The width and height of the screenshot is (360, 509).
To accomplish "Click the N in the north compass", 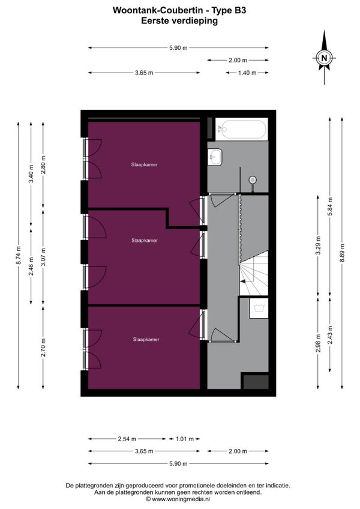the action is [x=323, y=58].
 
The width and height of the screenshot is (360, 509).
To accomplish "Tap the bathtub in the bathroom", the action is [x=242, y=129].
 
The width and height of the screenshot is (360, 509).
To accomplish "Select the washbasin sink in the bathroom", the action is [x=215, y=157].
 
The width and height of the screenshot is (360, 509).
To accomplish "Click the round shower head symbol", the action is [x=253, y=179].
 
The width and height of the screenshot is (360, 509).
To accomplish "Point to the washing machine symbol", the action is [x=259, y=307].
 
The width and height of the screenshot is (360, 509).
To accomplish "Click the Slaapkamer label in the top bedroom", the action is [x=145, y=164].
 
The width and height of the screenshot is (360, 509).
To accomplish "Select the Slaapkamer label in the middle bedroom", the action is [x=145, y=241].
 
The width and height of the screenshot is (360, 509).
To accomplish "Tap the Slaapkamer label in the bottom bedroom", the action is [x=146, y=340].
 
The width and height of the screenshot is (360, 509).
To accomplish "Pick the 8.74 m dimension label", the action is [x=18, y=256].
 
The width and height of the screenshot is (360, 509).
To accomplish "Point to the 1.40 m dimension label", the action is [x=247, y=73].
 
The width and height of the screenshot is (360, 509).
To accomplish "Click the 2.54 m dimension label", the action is [x=127, y=439].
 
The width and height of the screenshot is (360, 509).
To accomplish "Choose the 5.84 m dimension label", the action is [x=330, y=206].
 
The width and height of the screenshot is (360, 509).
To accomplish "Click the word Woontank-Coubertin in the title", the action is [x=158, y=10].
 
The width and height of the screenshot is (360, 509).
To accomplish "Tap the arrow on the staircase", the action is [x=242, y=281].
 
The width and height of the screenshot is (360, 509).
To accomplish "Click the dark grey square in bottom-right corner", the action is [x=256, y=382].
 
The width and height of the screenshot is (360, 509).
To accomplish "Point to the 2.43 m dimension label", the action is [x=330, y=335].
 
